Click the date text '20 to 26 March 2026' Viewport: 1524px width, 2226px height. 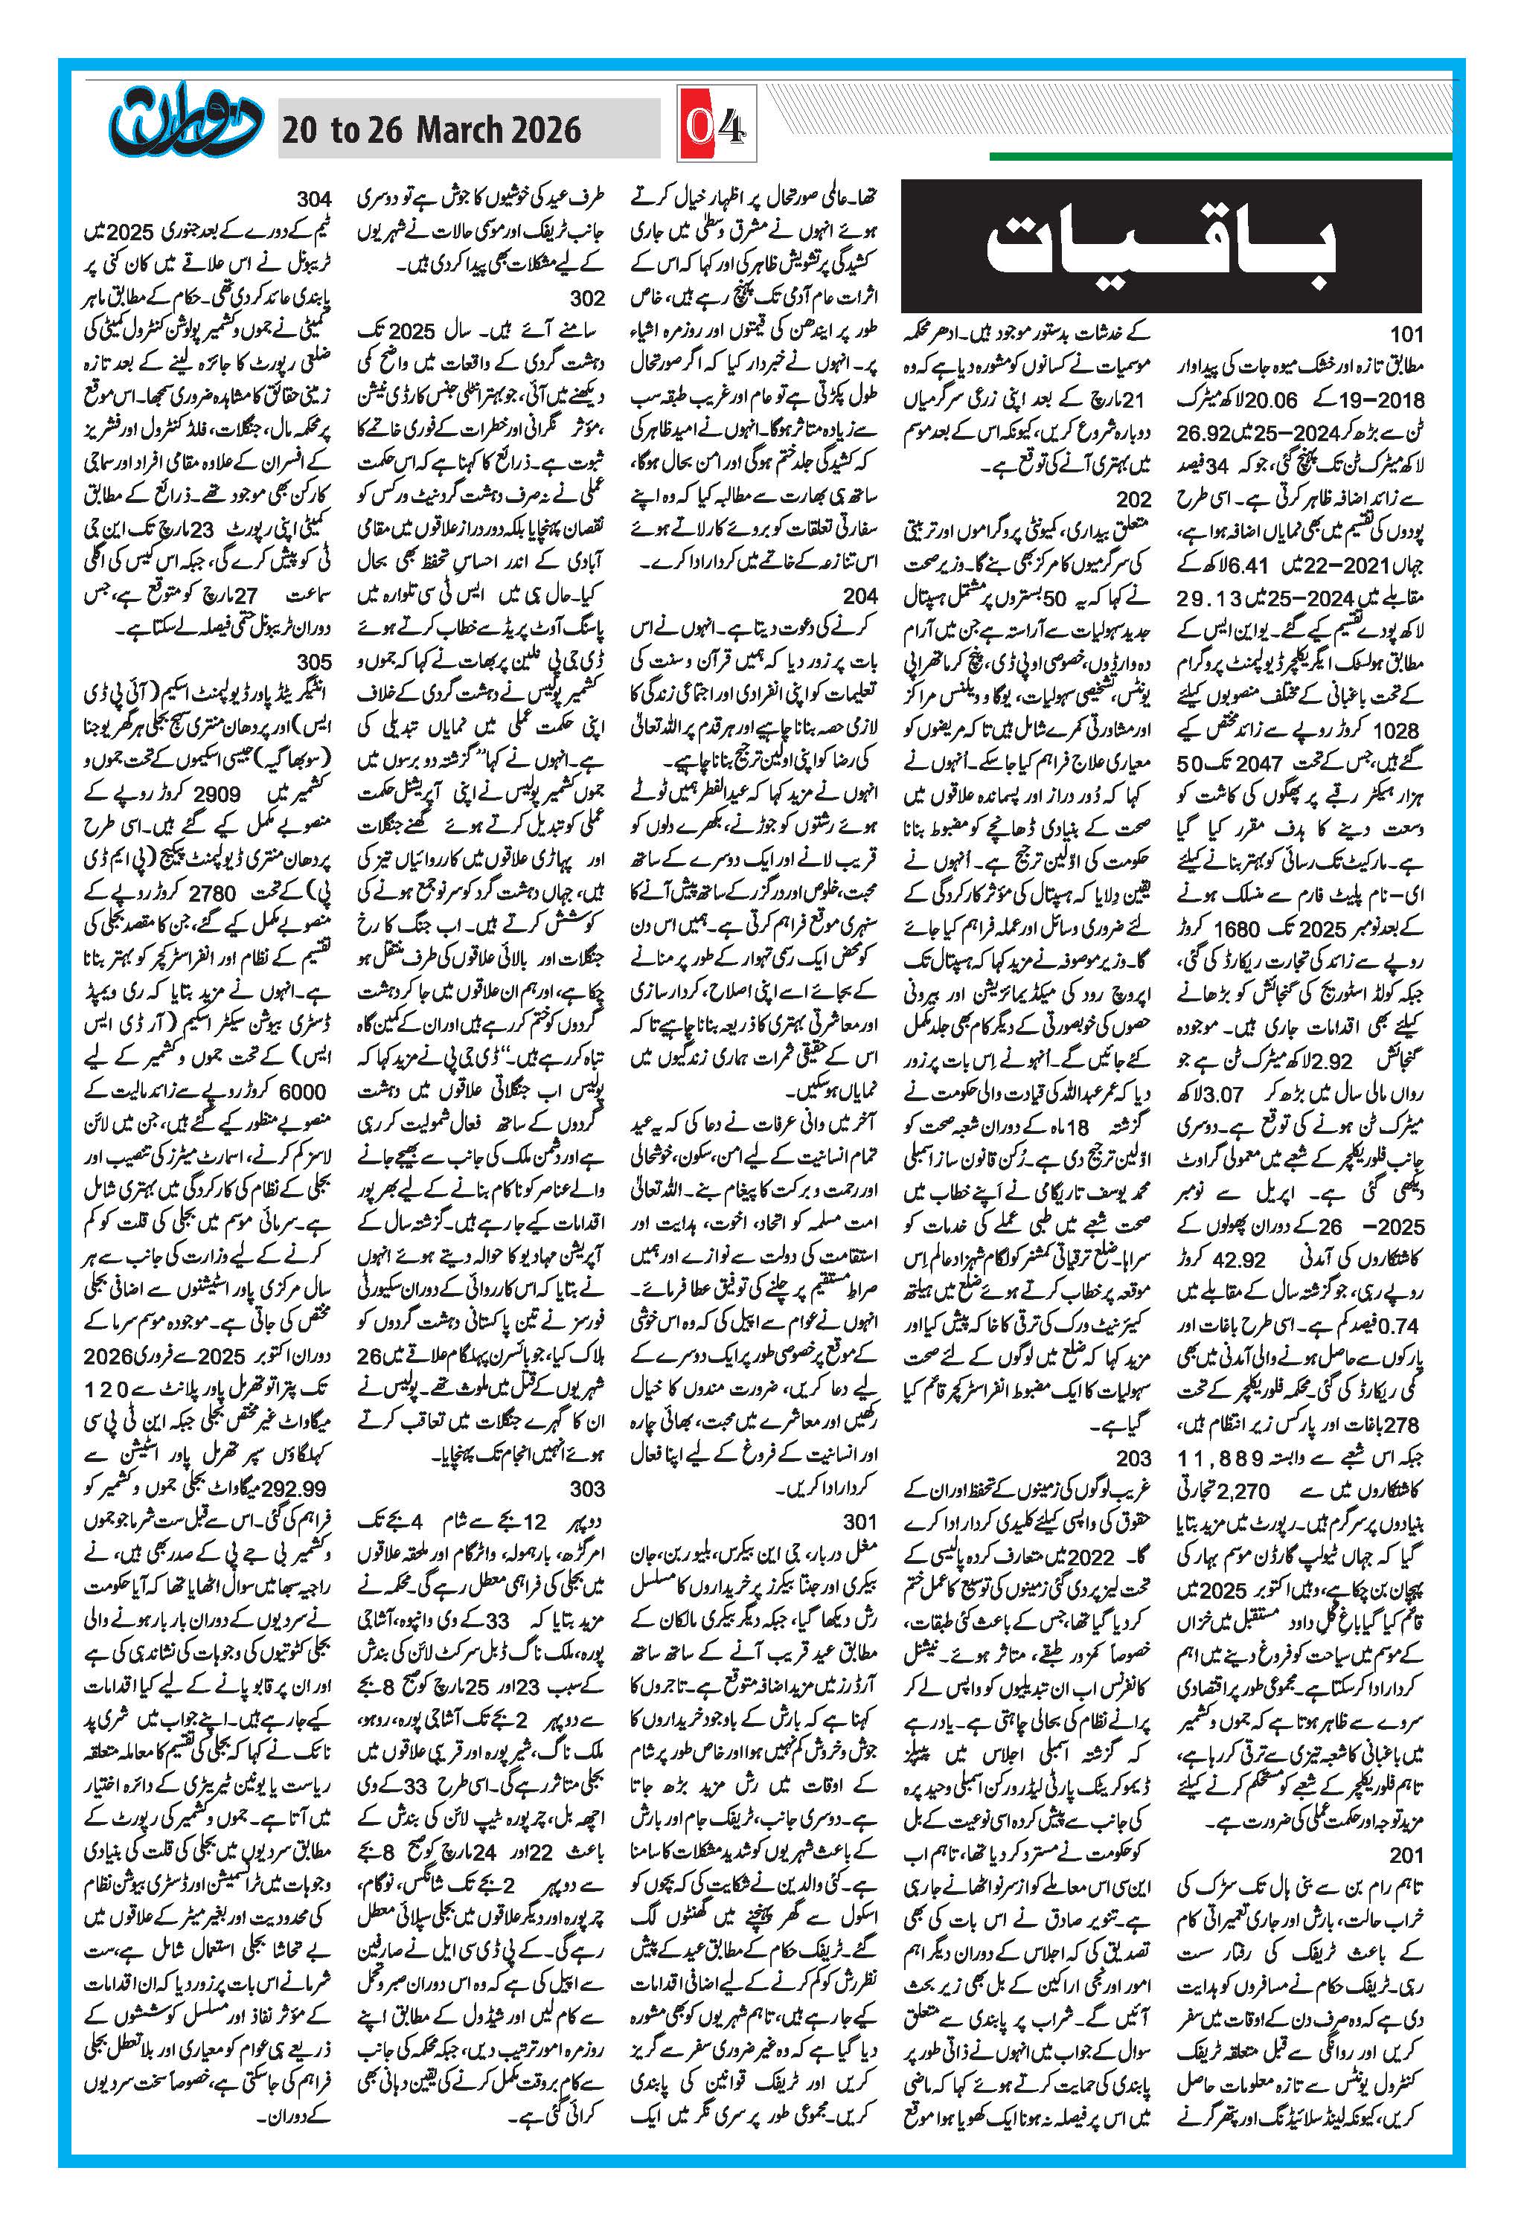430,130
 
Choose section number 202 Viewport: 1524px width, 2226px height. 1134,499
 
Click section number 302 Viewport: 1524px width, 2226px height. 586,298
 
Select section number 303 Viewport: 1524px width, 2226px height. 586,1489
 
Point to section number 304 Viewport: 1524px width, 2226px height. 314,199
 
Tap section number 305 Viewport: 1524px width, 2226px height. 314,662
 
